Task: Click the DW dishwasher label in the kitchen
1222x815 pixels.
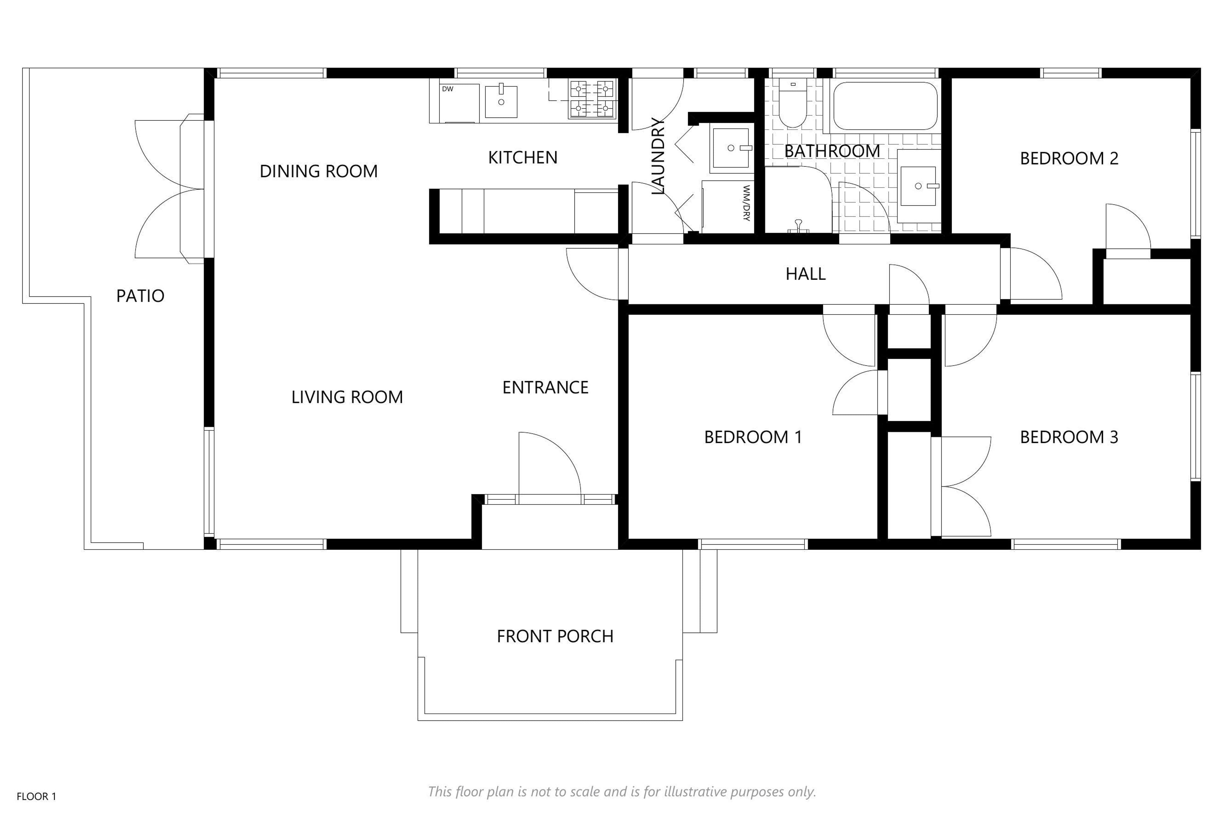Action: click(447, 89)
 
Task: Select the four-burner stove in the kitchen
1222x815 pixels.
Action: click(593, 99)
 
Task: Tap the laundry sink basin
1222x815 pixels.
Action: click(731, 148)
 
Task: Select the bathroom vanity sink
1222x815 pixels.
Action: click(918, 186)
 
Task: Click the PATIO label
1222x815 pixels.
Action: click(140, 296)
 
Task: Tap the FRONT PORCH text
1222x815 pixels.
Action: click(555, 636)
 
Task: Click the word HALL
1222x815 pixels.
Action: click(805, 274)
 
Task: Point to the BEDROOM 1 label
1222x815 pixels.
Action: click(753, 437)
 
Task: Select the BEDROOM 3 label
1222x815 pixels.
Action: click(1069, 437)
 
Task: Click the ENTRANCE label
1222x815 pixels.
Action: click(545, 387)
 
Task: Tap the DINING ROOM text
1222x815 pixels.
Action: click(319, 171)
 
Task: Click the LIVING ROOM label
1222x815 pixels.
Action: click(347, 397)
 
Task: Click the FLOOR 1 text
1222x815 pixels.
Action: click(36, 796)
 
